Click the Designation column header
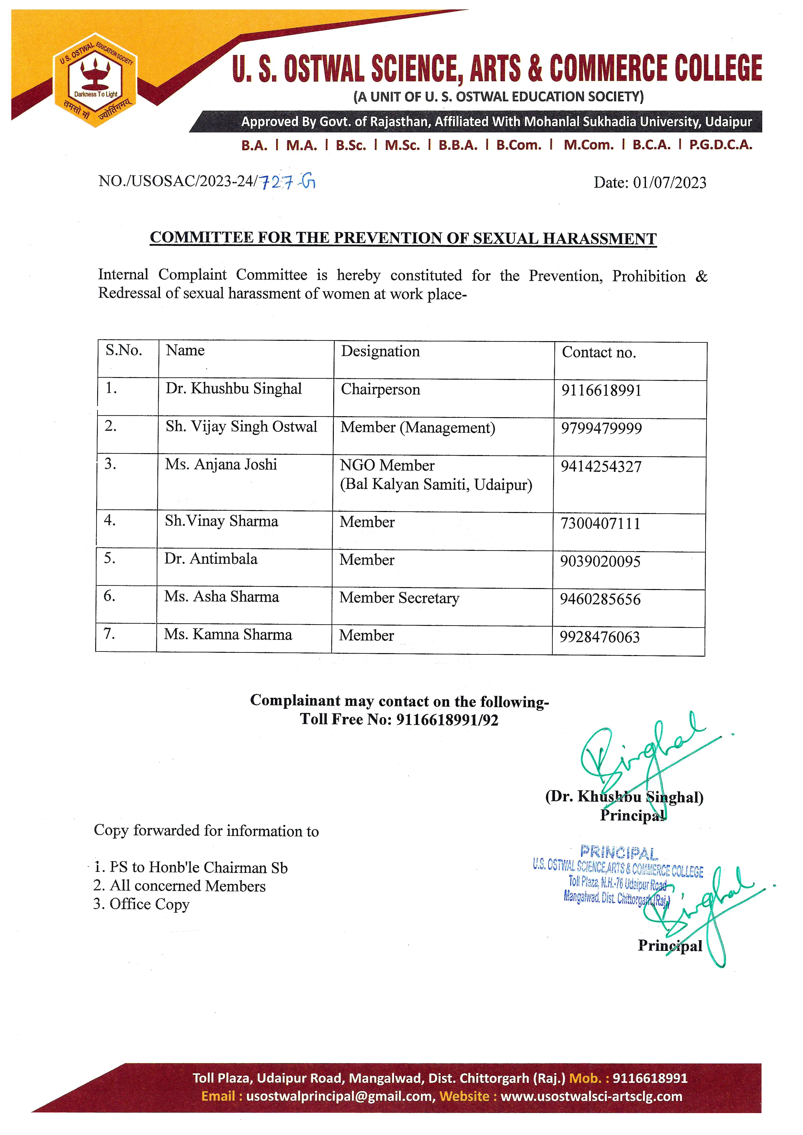click(x=380, y=351)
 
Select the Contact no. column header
click(x=599, y=352)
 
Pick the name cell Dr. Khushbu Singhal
click(x=233, y=389)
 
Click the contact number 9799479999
click(x=601, y=428)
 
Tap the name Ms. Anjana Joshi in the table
click(x=221, y=465)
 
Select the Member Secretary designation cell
click(x=399, y=598)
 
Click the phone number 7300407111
click(x=600, y=524)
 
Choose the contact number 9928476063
click(x=600, y=637)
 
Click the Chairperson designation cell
click(x=380, y=390)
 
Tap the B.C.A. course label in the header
click(x=651, y=145)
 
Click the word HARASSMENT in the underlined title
click(x=599, y=239)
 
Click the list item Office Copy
click(x=149, y=904)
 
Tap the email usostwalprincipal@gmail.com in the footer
click(x=341, y=1096)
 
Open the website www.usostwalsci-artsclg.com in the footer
click(x=591, y=1096)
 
